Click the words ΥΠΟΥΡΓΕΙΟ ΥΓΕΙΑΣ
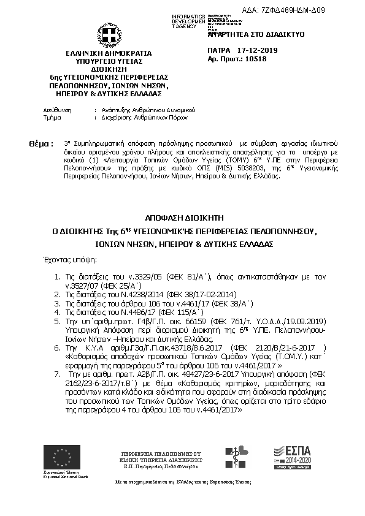click(x=109, y=61)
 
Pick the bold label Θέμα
click(x=42, y=143)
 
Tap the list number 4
click(x=57, y=311)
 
